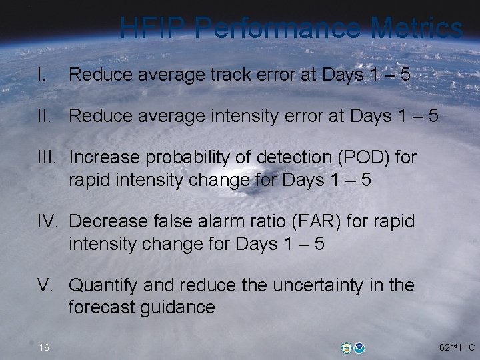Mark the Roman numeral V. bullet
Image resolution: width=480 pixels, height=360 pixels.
45,285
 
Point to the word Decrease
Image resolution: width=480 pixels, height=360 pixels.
107,221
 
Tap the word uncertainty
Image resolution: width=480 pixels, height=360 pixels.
325,285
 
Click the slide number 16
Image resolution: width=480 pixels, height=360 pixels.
44,347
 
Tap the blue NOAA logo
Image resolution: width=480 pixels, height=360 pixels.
360,347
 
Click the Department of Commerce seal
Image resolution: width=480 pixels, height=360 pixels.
345,347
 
